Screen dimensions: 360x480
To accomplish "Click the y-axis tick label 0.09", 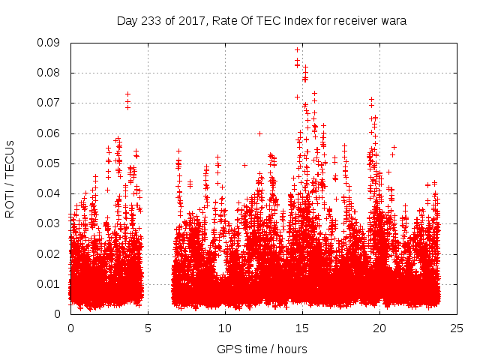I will pos(51,43).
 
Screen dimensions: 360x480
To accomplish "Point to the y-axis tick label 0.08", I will pos(51,73).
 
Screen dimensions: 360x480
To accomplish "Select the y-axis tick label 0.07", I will pos(51,103).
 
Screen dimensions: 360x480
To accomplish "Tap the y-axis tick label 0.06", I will pos(51,133).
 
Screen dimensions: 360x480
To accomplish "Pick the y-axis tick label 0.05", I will pos(51,163).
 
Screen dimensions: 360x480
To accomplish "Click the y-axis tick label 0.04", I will pos(51,193).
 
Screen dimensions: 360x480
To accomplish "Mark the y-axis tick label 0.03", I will pos(51,223).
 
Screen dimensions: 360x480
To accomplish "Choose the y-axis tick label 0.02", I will pos(51,253).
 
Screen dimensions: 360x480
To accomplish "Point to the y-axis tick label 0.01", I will pos(51,283).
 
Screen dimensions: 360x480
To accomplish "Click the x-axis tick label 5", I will pos(148,328).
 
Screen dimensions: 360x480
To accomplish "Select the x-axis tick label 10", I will pos(225,328).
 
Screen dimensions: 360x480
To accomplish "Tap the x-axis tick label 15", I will pos(302,328).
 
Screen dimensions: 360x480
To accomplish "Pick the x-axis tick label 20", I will pos(379,328).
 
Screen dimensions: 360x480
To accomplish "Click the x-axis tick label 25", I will pos(457,328).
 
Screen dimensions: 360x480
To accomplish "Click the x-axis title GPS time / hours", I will pos(262,349).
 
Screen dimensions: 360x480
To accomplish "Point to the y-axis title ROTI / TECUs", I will pos(10,178).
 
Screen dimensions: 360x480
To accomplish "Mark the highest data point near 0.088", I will pos(298,49).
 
